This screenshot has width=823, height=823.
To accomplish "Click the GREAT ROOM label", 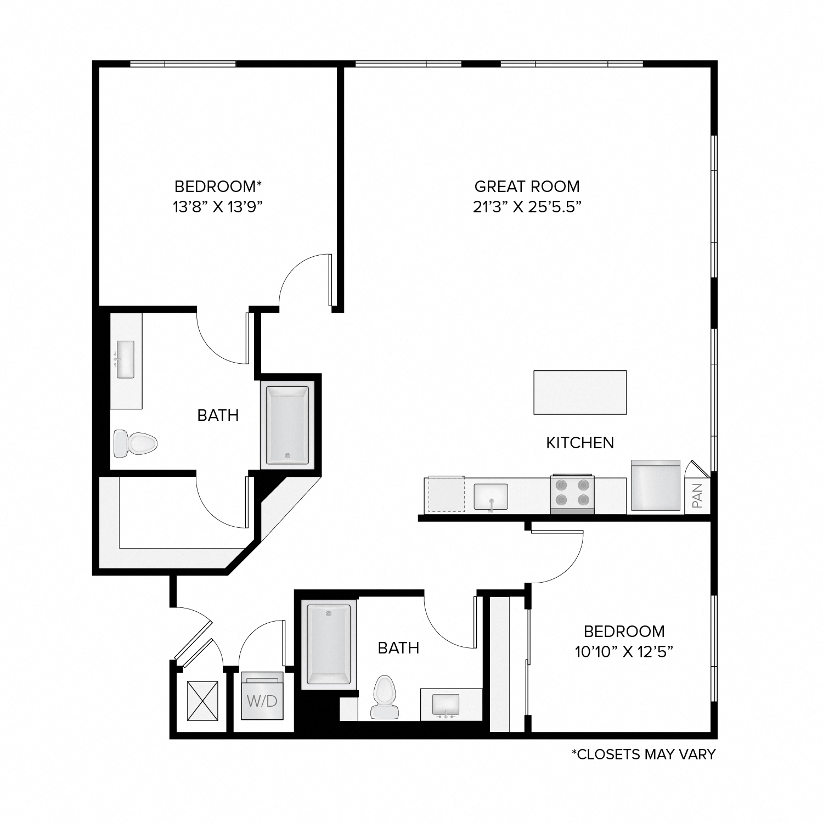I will point(527,187).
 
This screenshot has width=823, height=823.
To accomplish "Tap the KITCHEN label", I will point(580,443).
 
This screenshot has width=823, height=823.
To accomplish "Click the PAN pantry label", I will point(697,495).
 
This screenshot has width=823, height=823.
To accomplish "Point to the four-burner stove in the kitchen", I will point(572,492).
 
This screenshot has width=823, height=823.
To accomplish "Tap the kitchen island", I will point(580,392).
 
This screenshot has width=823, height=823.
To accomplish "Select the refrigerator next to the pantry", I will point(656,486).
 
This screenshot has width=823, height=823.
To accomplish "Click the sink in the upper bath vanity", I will point(125,359).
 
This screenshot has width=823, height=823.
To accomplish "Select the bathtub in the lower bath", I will point(329,644).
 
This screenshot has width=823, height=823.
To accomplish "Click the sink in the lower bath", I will point(446,704).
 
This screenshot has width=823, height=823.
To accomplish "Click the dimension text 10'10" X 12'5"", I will point(624,652).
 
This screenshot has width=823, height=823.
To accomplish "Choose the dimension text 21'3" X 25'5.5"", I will point(527,207).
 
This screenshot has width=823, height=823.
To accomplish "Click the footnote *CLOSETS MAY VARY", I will point(643,754).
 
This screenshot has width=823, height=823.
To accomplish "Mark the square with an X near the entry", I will point(202,701).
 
